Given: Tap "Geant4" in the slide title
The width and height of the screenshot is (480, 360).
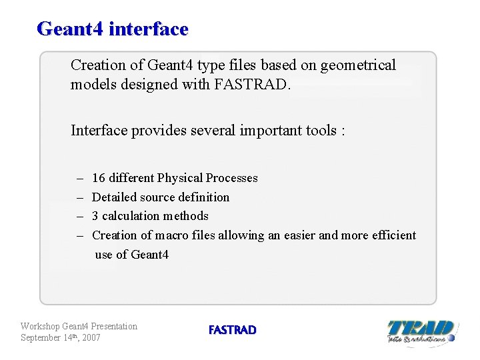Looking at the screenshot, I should click(70, 29).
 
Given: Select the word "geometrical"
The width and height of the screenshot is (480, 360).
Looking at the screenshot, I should click(358, 65).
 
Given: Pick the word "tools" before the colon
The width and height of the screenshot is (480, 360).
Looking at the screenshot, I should click(322, 130).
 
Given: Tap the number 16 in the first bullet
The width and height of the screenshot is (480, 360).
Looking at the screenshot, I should click(98, 178).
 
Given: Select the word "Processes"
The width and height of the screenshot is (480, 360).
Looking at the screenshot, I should click(231, 178).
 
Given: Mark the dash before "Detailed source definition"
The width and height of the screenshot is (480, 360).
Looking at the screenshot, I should click(79, 197).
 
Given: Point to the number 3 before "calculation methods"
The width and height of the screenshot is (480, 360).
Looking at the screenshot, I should click(95, 216).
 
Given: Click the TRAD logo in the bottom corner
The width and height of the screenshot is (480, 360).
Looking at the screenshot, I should click(421, 331).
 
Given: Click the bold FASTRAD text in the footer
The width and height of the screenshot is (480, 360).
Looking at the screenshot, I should click(232, 330).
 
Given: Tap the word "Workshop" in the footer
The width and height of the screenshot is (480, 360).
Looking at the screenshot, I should click(40, 326).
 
